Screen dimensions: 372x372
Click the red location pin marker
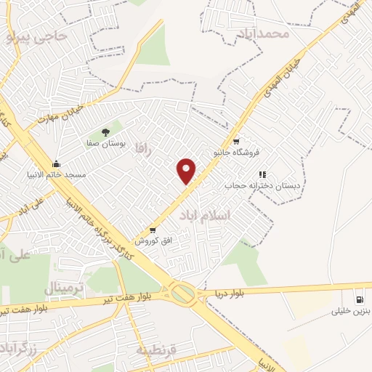tap(187, 170)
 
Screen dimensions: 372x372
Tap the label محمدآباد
tap(262, 33)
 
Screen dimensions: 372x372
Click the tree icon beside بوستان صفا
tap(106, 132)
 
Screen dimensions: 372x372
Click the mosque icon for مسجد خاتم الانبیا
tap(56, 164)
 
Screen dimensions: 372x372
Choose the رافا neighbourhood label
tap(141, 147)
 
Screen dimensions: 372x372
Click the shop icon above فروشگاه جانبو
tap(235, 141)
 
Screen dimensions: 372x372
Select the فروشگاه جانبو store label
tap(235, 153)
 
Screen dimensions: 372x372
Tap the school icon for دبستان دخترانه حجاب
tap(262, 174)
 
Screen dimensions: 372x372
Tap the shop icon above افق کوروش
tap(152, 229)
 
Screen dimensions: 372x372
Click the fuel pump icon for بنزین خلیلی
tap(359, 300)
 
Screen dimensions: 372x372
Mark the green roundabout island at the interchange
tap(183, 294)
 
